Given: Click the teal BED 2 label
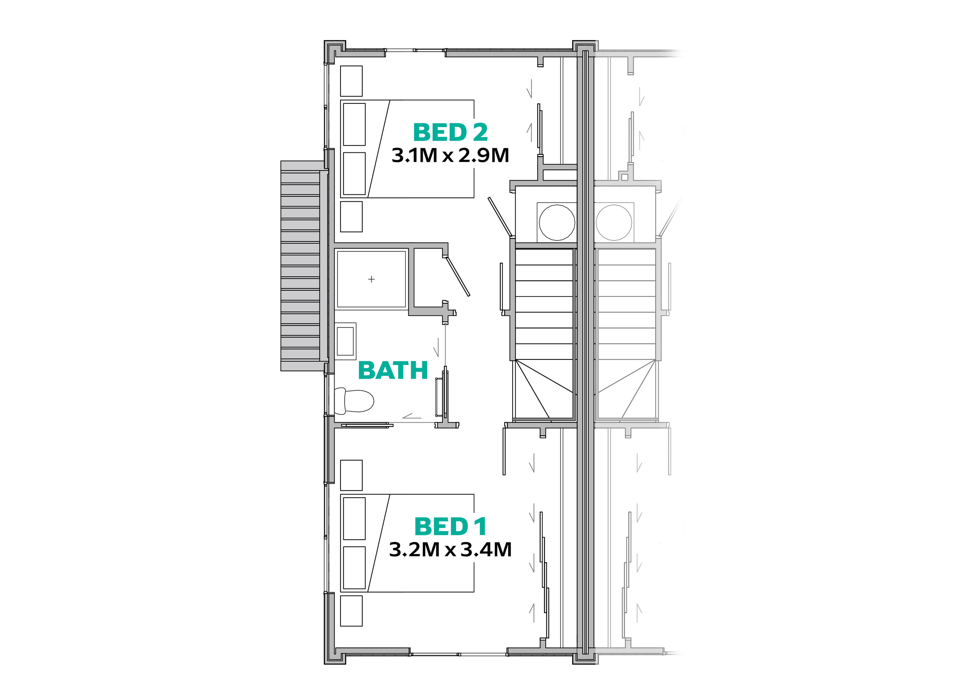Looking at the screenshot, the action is (450, 133).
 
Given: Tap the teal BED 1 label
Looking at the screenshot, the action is (450, 527).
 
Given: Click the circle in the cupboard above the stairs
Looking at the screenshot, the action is (557, 222).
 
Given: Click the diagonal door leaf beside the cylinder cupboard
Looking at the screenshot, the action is (499, 217).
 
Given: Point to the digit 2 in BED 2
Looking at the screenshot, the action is (480, 133).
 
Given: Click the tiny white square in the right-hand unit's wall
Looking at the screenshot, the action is (625, 177).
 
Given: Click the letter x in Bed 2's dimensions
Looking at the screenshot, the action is (448, 157).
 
